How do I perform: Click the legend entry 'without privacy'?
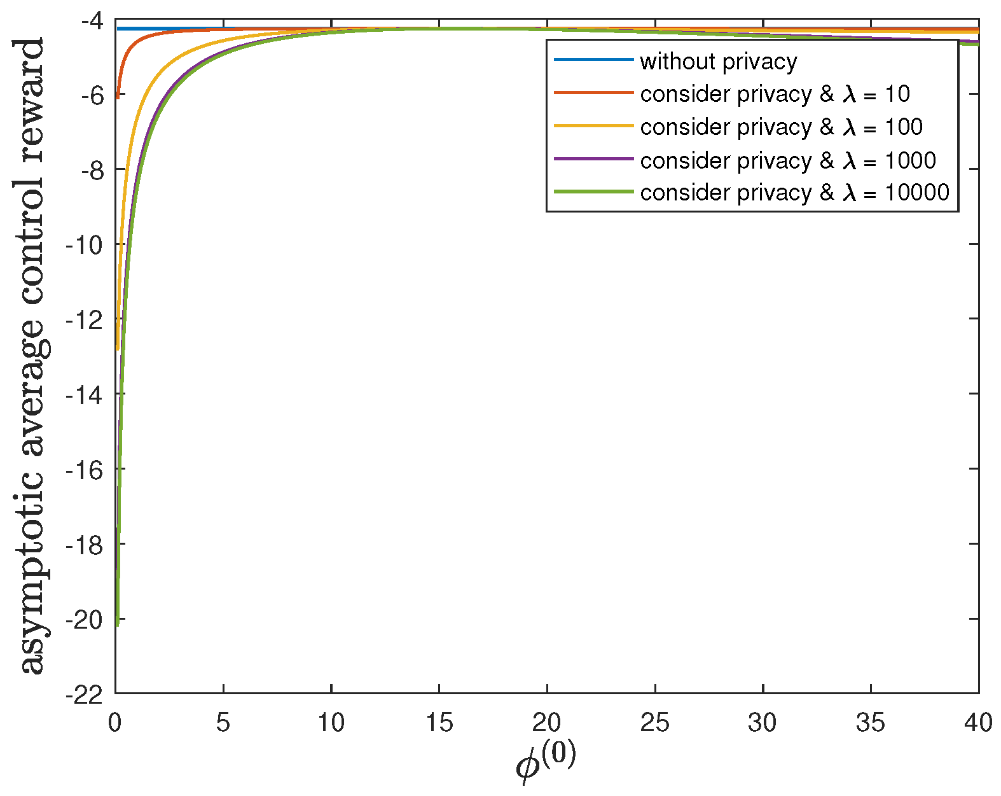tap(718, 62)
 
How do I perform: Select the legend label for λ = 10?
tap(775, 94)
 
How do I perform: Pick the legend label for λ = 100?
tap(781, 127)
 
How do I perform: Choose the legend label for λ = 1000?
tap(787, 160)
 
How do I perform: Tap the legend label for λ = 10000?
tap(794, 192)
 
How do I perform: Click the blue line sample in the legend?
tap(593, 60)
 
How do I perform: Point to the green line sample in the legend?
tap(593, 192)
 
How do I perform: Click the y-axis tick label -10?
tap(83, 245)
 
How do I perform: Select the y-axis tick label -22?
tap(83, 694)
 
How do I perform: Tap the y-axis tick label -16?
tap(83, 470)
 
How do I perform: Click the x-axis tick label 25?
tap(654, 723)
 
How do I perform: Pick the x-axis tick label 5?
tap(223, 723)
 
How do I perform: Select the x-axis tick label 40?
tap(977, 723)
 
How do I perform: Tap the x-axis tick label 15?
tap(439, 723)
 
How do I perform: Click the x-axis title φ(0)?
tap(546, 762)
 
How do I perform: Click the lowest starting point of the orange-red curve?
tap(118, 97)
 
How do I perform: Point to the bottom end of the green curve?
tap(118, 625)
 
